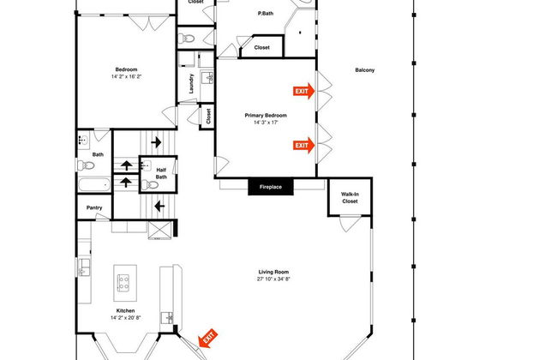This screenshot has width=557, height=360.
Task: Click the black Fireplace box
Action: [271, 187]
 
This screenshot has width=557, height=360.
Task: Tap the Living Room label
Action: [273, 273]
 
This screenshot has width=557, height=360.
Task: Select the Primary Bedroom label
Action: [266, 116]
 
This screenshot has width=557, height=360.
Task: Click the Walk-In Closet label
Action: [350, 198]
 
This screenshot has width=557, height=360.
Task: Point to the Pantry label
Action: [94, 208]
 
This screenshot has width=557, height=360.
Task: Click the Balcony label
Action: [365, 70]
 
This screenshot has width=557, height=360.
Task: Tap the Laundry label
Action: [191, 83]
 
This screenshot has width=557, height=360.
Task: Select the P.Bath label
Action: [266, 14]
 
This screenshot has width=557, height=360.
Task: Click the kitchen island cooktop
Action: [123, 283]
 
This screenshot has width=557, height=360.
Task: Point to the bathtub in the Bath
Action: [94, 185]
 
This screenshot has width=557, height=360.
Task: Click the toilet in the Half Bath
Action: [150, 184]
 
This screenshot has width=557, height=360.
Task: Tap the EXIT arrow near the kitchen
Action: [208, 338]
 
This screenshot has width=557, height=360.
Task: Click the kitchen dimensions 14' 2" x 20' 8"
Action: [125, 318]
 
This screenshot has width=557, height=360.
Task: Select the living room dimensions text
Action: [273, 279]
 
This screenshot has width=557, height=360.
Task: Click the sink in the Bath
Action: [84, 141]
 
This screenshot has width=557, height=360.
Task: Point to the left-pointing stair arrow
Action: [159, 206]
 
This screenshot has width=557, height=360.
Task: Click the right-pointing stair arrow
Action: [156, 142]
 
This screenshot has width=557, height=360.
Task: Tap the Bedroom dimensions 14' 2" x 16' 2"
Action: [126, 77]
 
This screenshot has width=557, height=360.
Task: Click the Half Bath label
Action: [161, 173]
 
